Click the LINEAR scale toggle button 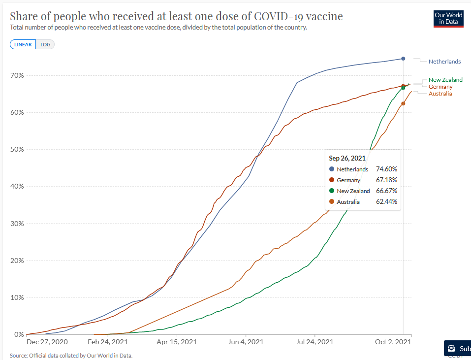click(x=23, y=44)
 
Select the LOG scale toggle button click(x=45, y=44)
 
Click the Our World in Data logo click(x=448, y=18)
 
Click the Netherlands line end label click(x=444, y=62)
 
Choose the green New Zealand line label click(x=445, y=80)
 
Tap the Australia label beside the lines click(x=440, y=94)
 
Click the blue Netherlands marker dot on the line click(x=403, y=59)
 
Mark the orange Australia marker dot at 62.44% click(x=403, y=103)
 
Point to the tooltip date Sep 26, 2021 click(x=347, y=158)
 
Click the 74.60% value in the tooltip click(x=386, y=169)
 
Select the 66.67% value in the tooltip click(x=386, y=191)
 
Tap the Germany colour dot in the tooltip click(x=332, y=180)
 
